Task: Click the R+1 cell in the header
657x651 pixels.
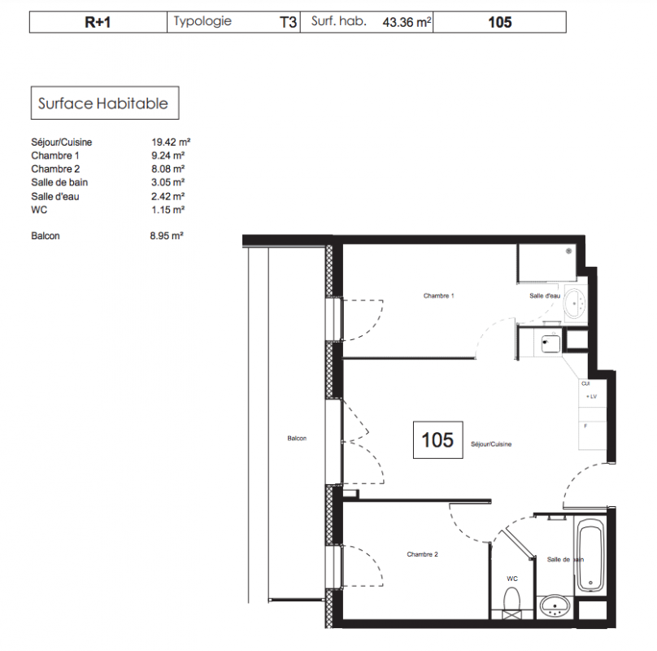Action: (98, 22)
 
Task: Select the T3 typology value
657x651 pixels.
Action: (288, 22)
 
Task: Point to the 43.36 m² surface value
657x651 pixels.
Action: (407, 22)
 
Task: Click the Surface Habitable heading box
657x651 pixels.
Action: (105, 103)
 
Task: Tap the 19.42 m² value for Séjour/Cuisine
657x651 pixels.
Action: (171, 142)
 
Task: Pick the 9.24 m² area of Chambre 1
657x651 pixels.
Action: (168, 155)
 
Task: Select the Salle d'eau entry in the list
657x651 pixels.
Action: (55, 196)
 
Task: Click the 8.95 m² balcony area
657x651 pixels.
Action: (167, 236)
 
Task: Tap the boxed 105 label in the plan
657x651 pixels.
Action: (437, 440)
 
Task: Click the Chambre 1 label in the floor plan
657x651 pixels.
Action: (439, 295)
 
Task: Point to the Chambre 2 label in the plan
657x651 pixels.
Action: (422, 554)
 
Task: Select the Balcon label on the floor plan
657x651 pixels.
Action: (297, 439)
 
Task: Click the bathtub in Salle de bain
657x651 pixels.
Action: (590, 554)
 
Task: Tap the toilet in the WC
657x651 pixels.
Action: (511, 600)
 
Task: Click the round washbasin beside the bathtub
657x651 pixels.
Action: (555, 606)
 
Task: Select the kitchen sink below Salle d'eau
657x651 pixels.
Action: (550, 344)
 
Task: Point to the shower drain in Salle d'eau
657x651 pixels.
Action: (568, 251)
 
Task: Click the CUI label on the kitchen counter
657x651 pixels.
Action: (585, 383)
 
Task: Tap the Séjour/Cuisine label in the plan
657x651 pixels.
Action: (491, 443)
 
